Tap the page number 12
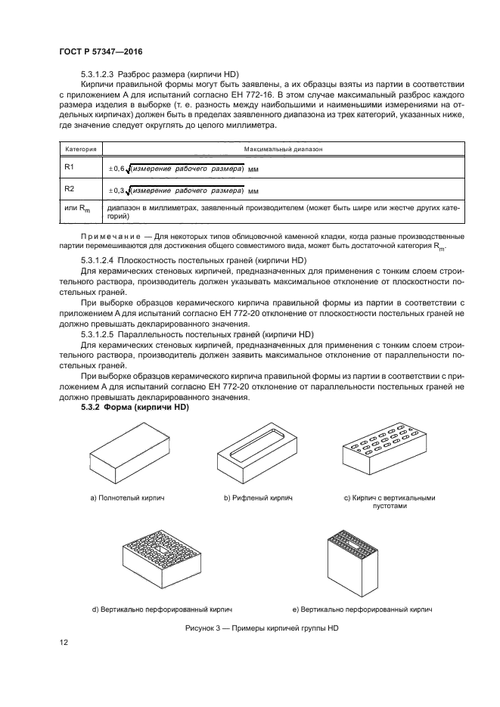coord(64,643)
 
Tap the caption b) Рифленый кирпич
coord(257,499)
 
